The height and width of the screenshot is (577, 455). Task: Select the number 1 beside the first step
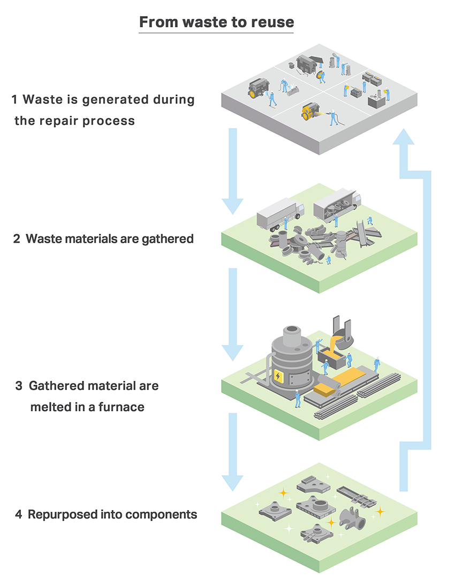point(15,100)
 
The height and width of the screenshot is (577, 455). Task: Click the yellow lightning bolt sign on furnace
point(279,377)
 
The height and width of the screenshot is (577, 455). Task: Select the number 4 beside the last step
point(18,515)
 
